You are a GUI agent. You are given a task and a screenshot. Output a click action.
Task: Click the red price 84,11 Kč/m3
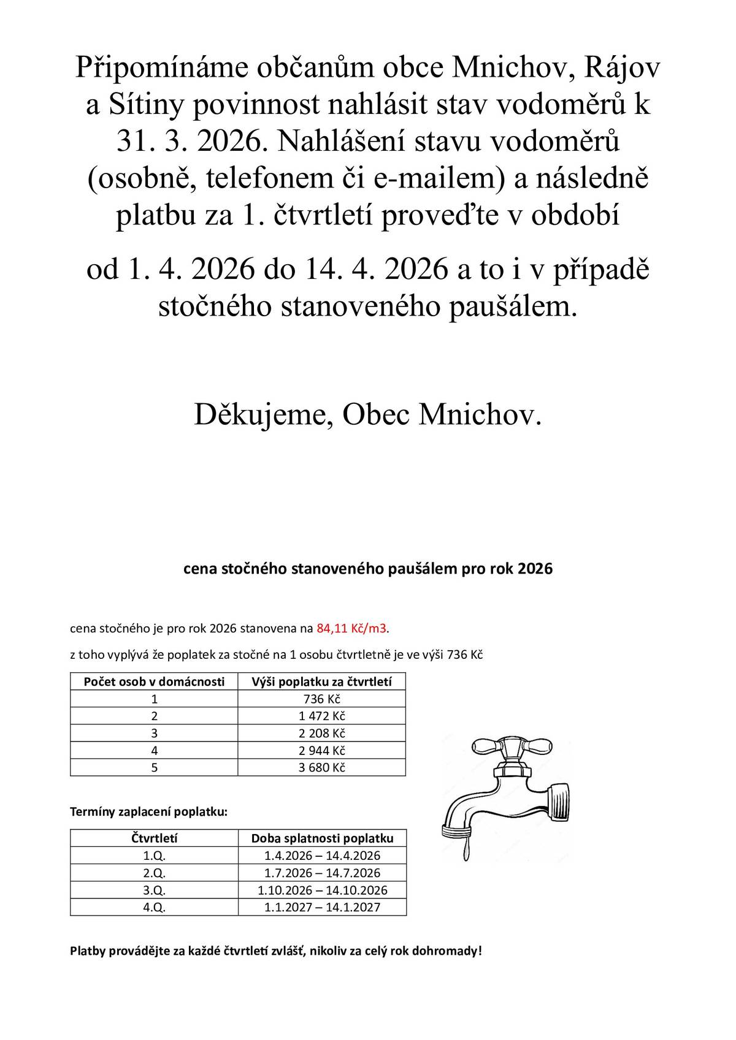[353, 628]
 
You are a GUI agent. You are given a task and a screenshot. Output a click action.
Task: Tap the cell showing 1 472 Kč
[322, 716]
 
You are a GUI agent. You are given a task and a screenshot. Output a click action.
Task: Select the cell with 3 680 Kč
[322, 767]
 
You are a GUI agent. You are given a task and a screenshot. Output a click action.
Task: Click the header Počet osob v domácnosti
[154, 681]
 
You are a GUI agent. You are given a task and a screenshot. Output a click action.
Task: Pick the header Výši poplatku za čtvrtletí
[322, 681]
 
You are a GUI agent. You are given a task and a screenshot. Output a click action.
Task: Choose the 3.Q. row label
[154, 890]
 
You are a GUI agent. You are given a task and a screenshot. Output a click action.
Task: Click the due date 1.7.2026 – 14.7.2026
[322, 873]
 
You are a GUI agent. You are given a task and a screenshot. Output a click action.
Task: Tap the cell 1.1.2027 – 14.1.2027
[322, 907]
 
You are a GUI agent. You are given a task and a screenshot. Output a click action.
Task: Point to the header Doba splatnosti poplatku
[322, 838]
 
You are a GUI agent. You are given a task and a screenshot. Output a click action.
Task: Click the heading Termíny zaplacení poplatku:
[149, 812]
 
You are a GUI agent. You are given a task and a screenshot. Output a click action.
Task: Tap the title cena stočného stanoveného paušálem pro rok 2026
[368, 569]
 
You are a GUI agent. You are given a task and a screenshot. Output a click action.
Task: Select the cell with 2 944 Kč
[322, 750]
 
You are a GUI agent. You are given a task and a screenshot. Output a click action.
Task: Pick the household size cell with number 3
[154, 733]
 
